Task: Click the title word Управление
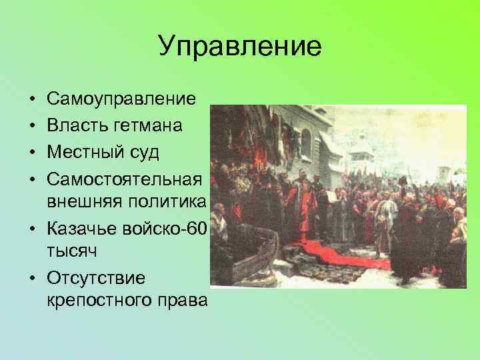pos(240,46)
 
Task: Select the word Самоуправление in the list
pos(121,99)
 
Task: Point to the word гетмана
pos(153,126)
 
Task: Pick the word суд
pos(145,153)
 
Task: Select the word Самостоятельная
pos(124,179)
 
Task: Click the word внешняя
pos(79,202)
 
